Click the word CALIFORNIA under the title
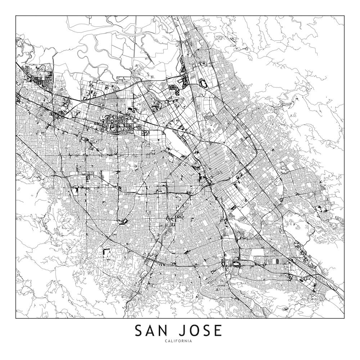[x=180, y=341]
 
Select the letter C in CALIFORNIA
[x=167, y=341]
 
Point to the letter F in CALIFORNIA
[x=179, y=341]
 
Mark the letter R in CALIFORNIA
[x=185, y=341]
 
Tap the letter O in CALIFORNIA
[x=181, y=341]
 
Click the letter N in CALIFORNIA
[x=188, y=341]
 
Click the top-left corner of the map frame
[x=16, y=16]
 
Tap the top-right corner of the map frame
[x=344, y=16]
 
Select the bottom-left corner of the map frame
[x=16, y=319]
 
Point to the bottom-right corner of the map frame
[x=344, y=319]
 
